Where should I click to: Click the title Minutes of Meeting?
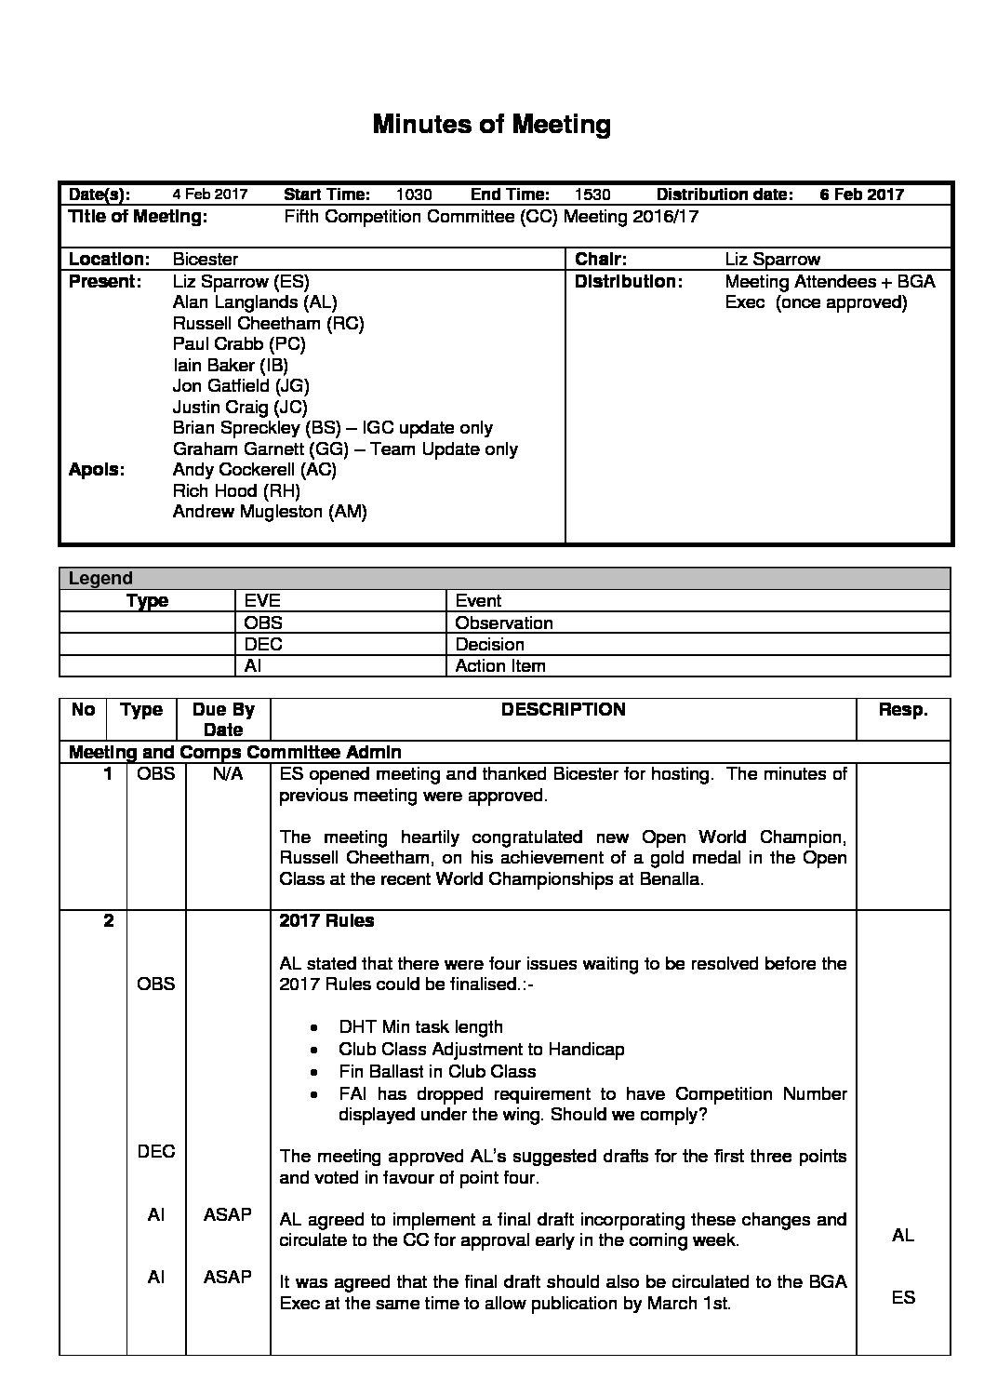pyautogui.click(x=491, y=125)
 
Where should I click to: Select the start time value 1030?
pyautogui.click(x=414, y=194)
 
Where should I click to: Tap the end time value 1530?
pyautogui.click(x=592, y=194)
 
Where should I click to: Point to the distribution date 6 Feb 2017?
pyautogui.click(x=861, y=194)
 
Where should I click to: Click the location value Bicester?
pyautogui.click(x=206, y=260)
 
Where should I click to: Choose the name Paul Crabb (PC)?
pyautogui.click(x=239, y=343)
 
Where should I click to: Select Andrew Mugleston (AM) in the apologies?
pyautogui.click(x=270, y=512)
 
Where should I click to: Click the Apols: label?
pyautogui.click(x=97, y=470)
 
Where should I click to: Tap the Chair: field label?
pyautogui.click(x=601, y=260)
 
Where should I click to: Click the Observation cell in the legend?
pyautogui.click(x=504, y=623)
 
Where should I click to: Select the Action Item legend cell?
pyautogui.click(x=500, y=665)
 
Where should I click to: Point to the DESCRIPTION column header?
pyautogui.click(x=563, y=710)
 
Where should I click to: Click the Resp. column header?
pyautogui.click(x=902, y=710)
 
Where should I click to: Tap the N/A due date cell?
pyautogui.click(x=228, y=774)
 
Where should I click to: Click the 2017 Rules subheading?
pyautogui.click(x=327, y=920)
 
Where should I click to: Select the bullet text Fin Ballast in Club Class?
pyautogui.click(x=437, y=1071)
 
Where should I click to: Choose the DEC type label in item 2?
pyautogui.click(x=155, y=1151)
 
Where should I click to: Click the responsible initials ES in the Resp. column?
pyautogui.click(x=902, y=1297)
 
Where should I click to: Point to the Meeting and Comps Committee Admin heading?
pyautogui.click(x=235, y=752)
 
